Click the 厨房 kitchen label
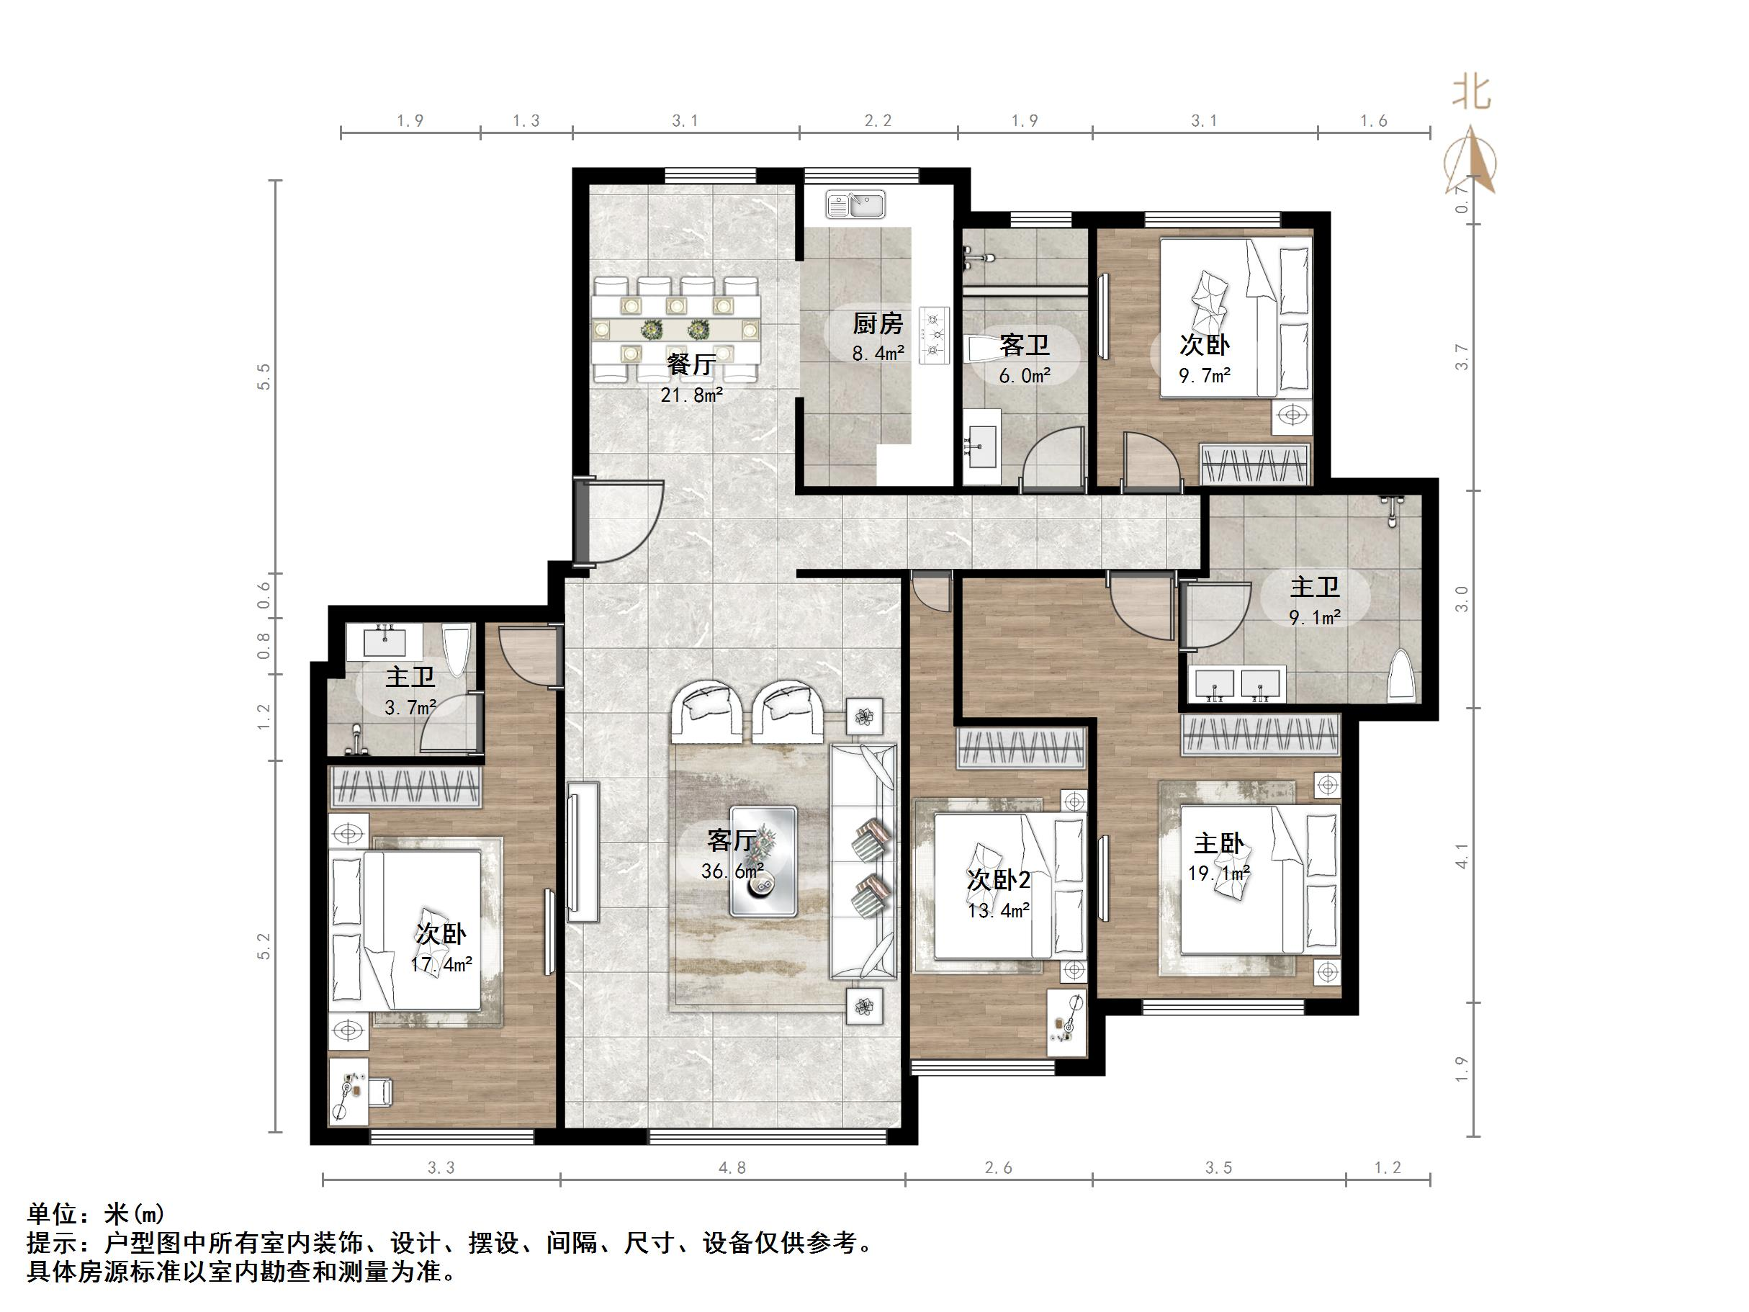pyautogui.click(x=877, y=323)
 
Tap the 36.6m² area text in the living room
pyautogui.click(x=732, y=871)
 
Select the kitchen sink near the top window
pyautogui.click(x=855, y=205)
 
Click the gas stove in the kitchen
pyautogui.click(x=935, y=336)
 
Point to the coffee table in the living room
pyautogui.click(x=763, y=861)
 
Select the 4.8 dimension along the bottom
pyautogui.click(x=732, y=1168)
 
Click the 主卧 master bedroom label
pyautogui.click(x=1218, y=843)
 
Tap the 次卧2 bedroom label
pyautogui.click(x=999, y=880)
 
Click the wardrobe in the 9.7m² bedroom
pyautogui.click(x=1255, y=464)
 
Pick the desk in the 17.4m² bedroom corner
pyautogui.click(x=349, y=1092)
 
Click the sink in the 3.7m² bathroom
pyautogui.click(x=385, y=642)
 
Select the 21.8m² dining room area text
pyautogui.click(x=691, y=395)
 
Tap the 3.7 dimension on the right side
pyautogui.click(x=1462, y=356)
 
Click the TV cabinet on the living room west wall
pyautogui.click(x=583, y=852)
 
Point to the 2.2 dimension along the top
pyautogui.click(x=877, y=121)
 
